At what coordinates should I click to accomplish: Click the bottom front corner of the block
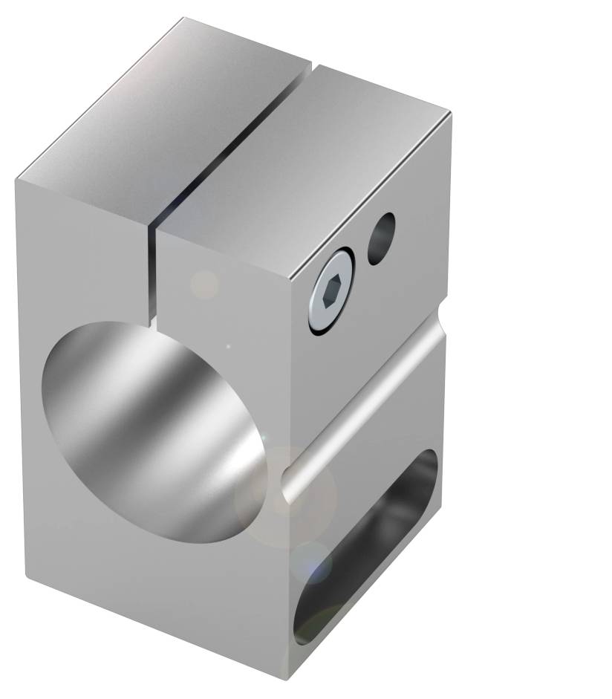288,677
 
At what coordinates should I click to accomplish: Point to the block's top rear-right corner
451,114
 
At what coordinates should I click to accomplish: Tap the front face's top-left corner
16,181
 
